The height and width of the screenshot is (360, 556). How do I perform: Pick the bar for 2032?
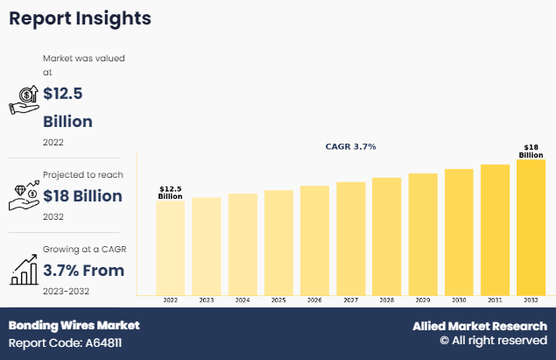(x=531, y=227)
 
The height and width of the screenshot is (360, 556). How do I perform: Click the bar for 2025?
(x=278, y=243)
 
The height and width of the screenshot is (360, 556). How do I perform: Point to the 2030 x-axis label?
(x=459, y=300)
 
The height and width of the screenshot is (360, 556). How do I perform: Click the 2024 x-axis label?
(x=243, y=300)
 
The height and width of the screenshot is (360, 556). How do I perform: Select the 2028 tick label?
(x=386, y=300)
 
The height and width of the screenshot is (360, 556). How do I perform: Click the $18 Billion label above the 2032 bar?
(x=531, y=151)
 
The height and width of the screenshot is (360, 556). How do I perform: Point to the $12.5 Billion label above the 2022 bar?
(x=170, y=193)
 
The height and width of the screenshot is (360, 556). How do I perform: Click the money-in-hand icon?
(x=24, y=100)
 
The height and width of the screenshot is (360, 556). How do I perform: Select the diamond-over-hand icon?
(x=24, y=194)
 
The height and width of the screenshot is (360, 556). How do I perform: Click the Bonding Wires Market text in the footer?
(x=74, y=325)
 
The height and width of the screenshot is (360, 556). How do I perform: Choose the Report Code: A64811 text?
(x=65, y=342)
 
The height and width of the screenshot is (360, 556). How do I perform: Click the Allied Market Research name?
(x=480, y=326)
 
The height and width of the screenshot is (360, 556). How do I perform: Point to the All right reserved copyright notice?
(x=493, y=341)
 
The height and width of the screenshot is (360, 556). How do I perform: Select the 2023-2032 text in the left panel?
(x=66, y=291)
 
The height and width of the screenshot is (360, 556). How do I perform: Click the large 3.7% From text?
(x=83, y=270)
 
